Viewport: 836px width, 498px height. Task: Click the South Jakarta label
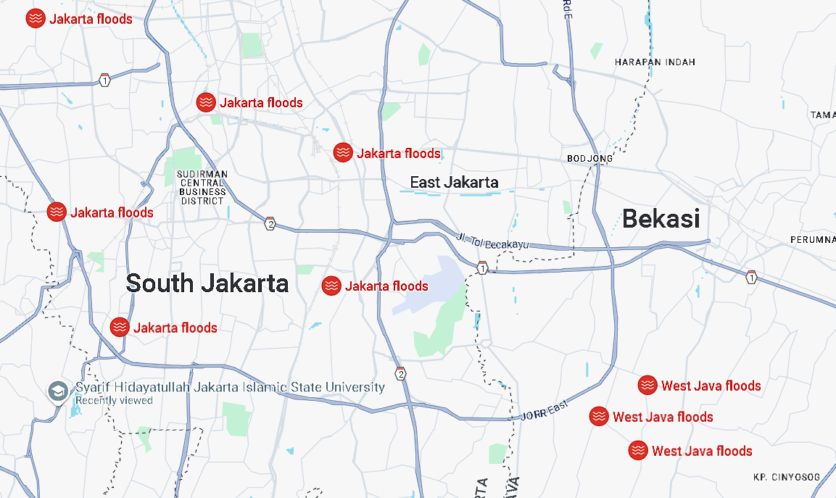point(207,283)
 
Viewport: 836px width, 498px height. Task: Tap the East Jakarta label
point(454,182)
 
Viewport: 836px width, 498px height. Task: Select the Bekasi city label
point(661,218)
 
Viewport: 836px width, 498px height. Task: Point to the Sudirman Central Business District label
point(203,187)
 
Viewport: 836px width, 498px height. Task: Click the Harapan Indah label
point(655,62)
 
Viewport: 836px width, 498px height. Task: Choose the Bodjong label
point(589,158)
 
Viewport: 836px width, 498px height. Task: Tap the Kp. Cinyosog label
point(787,477)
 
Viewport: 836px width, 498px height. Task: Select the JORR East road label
point(542,413)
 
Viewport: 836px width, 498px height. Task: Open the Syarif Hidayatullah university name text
point(230,387)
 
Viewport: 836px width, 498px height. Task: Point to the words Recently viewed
point(114,400)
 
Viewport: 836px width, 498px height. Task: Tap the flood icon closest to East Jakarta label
point(343,152)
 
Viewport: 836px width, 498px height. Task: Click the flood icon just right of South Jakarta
point(331,286)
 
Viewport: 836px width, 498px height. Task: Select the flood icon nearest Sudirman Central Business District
point(206,102)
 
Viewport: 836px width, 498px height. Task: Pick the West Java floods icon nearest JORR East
point(598,416)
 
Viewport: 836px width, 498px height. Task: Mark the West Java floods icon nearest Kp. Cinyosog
point(638,450)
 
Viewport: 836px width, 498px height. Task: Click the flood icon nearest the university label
point(120,327)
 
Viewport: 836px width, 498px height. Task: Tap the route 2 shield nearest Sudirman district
point(270,223)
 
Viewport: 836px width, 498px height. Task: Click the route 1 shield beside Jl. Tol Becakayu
point(482,269)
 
